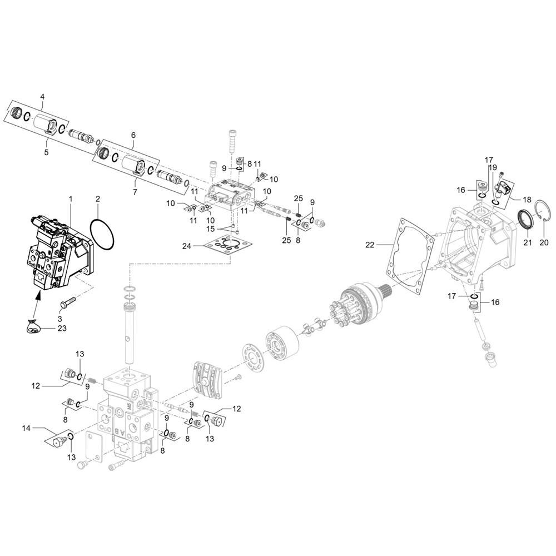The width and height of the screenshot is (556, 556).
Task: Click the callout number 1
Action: point(71,198)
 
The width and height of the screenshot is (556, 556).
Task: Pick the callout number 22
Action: point(370,244)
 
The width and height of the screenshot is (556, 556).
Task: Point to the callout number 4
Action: point(42,97)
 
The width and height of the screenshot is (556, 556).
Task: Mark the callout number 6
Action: point(133,135)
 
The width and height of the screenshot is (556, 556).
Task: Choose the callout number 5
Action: point(46,152)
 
